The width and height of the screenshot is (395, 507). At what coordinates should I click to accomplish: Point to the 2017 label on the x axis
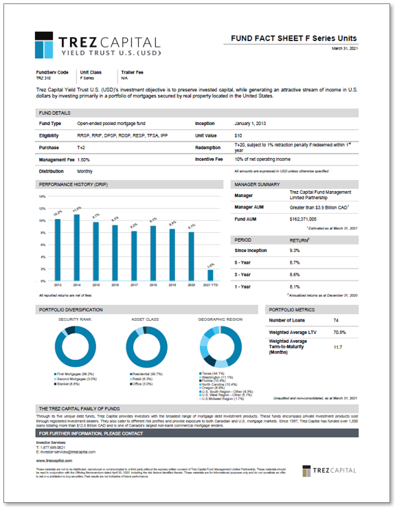pos(134,284)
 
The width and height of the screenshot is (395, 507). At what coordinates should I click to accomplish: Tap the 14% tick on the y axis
pos(43,196)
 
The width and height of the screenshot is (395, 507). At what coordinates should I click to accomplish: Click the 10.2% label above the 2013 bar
pos(58,212)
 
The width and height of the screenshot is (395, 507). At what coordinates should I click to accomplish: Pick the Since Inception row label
pos(253,251)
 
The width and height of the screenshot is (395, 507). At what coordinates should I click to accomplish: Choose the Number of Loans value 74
pos(335,320)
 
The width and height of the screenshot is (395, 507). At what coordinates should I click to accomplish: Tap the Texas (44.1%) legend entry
pos(212,373)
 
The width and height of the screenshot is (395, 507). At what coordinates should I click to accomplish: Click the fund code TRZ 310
pos(44,78)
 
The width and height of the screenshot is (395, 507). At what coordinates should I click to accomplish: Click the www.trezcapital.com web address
pos(52,460)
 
